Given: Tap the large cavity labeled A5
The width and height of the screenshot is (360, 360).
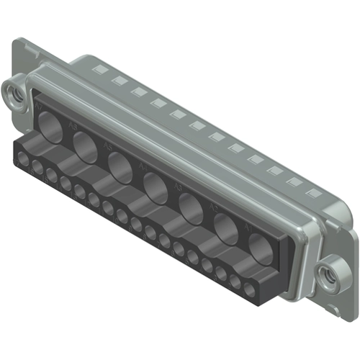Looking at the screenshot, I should [x=120, y=164].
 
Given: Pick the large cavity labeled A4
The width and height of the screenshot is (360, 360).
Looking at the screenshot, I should [x=156, y=186].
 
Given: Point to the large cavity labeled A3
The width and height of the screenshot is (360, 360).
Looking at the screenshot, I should [x=192, y=208].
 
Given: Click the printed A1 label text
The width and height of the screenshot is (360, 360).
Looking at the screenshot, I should [x=247, y=226].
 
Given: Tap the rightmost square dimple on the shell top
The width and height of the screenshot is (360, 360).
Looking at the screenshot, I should [x=312, y=194].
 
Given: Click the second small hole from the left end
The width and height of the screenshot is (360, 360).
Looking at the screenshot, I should [x=38, y=167].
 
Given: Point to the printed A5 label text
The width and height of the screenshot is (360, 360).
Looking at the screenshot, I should [x=108, y=146].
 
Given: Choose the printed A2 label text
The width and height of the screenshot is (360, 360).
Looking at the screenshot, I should [x=213, y=208].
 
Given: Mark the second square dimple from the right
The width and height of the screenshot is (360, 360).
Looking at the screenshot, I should [x=292, y=182].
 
